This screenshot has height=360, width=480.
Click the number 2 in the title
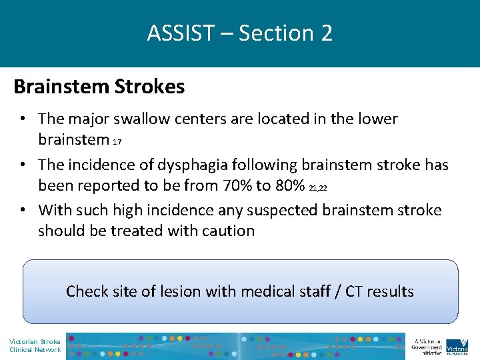click(326, 33)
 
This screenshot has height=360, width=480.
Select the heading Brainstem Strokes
click(99, 87)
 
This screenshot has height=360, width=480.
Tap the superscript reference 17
click(117, 142)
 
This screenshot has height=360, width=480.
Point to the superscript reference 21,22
click(319, 187)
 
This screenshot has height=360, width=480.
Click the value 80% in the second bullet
click(287, 185)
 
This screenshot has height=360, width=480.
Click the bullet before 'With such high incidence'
click(23, 210)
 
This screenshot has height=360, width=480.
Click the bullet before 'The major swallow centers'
click(23, 119)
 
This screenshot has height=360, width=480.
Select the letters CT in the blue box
click(354, 291)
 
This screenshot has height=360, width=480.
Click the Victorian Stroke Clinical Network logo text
click(34, 345)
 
